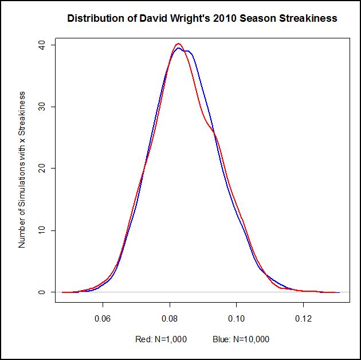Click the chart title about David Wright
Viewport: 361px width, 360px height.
(202, 18)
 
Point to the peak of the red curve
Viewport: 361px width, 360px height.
(178, 44)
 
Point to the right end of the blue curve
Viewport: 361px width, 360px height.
(339, 292)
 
